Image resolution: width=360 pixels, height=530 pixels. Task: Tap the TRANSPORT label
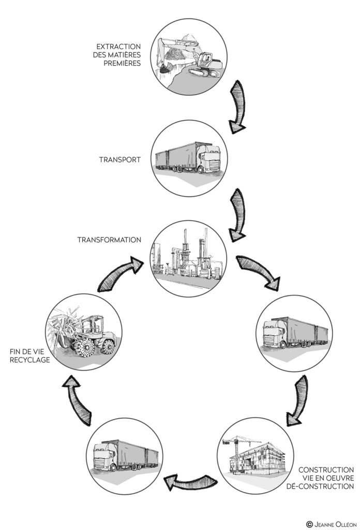pyautogui.click(x=119, y=159)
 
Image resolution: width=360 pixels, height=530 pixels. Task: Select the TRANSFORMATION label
pyautogui.click(x=109, y=240)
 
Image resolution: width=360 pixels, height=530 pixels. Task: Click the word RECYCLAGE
pyautogui.click(x=30, y=360)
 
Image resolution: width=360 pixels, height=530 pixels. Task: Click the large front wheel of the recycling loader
pyautogui.click(x=87, y=347)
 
